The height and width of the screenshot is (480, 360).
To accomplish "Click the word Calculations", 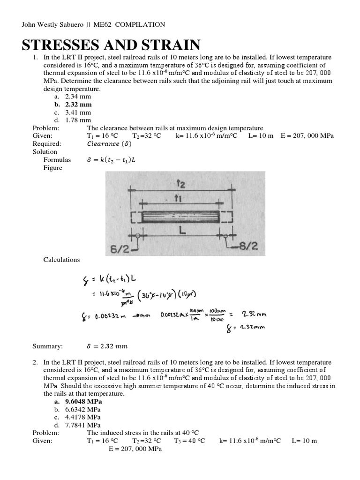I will pyautogui.click(x=61, y=260).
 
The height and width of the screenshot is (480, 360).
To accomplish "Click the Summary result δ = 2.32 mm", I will pyautogui.click(x=107, y=346).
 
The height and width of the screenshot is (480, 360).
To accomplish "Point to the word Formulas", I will pyautogui.click(x=57, y=160).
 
